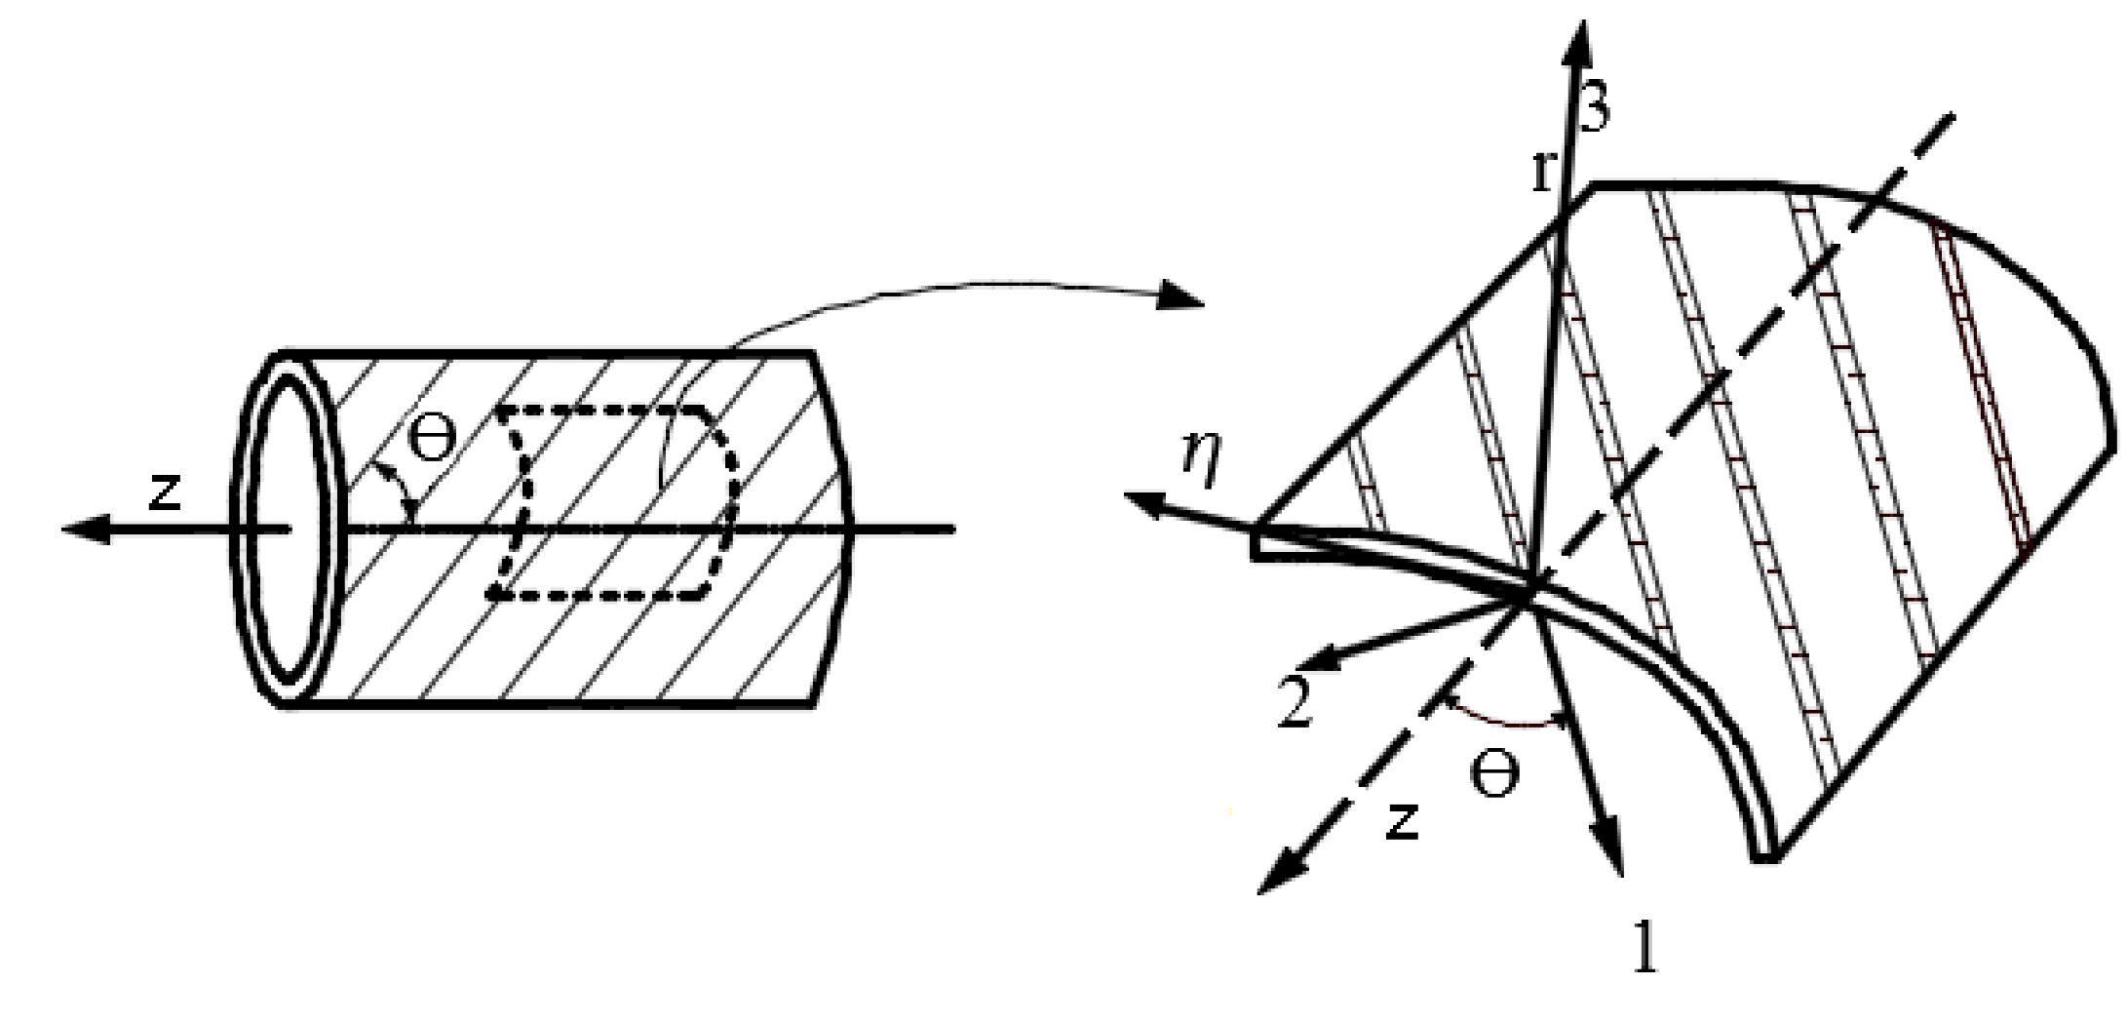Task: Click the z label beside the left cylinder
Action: pos(166,492)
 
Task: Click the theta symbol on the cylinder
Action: pos(430,440)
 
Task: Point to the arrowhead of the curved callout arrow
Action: pos(1182,295)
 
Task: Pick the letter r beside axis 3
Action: pos(1542,172)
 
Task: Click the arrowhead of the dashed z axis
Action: pos(1272,878)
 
